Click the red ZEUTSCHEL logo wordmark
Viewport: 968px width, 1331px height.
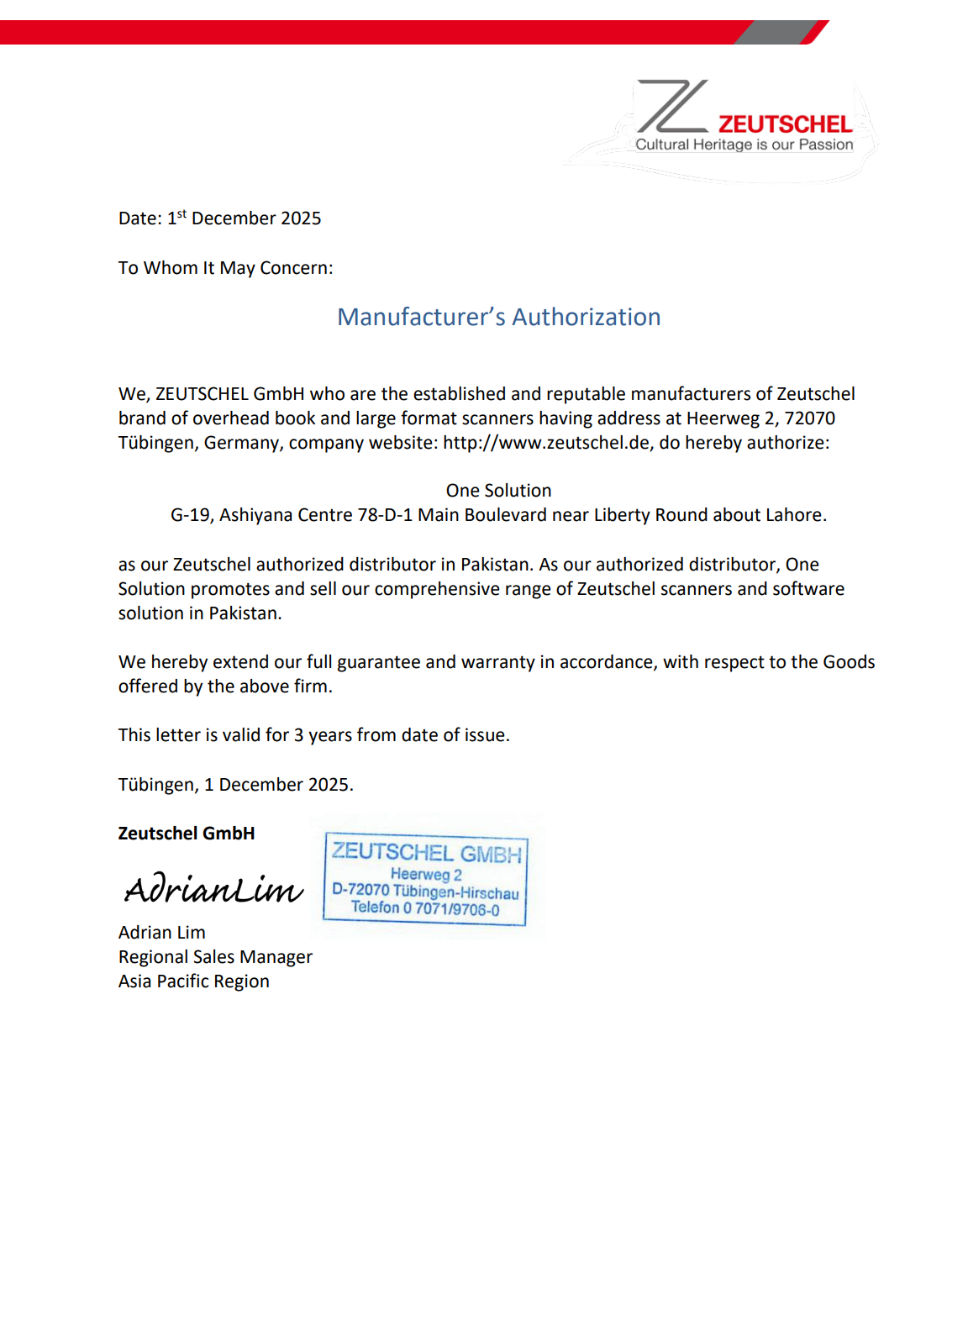pyautogui.click(x=785, y=124)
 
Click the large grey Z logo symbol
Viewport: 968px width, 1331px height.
pyautogui.click(x=671, y=107)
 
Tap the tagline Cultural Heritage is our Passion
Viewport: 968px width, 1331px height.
pyautogui.click(x=744, y=145)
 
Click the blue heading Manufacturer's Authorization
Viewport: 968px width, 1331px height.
pyautogui.click(x=498, y=317)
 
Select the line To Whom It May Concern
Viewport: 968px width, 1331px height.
pyautogui.click(x=225, y=268)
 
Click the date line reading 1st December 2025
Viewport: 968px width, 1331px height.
pyautogui.click(x=219, y=218)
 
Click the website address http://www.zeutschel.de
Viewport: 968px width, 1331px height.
pyautogui.click(x=546, y=443)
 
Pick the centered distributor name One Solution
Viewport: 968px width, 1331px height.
pyautogui.click(x=498, y=491)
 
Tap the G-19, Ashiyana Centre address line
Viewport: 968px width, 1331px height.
pyautogui.click(x=498, y=515)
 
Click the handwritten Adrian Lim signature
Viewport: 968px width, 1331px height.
pyautogui.click(x=213, y=888)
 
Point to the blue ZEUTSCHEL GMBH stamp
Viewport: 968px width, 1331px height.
pyautogui.click(x=426, y=879)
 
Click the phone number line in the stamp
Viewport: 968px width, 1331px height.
pyautogui.click(x=425, y=908)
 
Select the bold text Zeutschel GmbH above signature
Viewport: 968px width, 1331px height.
pyautogui.click(x=187, y=834)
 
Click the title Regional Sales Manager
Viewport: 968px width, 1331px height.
pyautogui.click(x=215, y=957)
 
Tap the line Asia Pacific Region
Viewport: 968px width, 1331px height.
pyautogui.click(x=194, y=981)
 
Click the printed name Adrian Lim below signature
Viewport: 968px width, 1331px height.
pyautogui.click(x=162, y=933)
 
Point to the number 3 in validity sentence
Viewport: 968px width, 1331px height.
pyautogui.click(x=298, y=735)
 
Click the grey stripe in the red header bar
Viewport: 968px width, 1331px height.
pyautogui.click(x=775, y=33)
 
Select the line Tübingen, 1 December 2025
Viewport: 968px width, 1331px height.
pyautogui.click(x=235, y=785)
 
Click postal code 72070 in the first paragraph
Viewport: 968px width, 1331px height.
pyautogui.click(x=809, y=418)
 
